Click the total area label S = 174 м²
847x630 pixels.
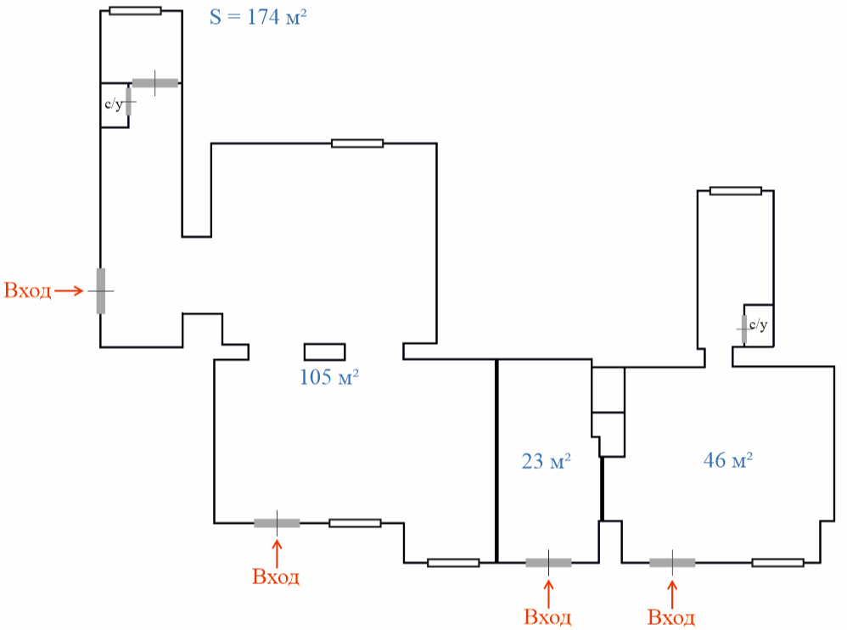click(x=258, y=17)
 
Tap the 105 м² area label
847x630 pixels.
click(x=329, y=377)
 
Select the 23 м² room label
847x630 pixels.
click(x=546, y=461)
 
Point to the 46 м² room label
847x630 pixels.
click(x=728, y=460)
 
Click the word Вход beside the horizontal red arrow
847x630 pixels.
click(x=27, y=290)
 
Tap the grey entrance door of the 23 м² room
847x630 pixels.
click(x=548, y=563)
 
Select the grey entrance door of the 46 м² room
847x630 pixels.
click(x=672, y=563)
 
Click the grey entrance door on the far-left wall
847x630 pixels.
click(x=101, y=290)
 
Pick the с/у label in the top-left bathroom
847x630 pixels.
click(x=114, y=104)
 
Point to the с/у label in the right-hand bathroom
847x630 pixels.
click(x=759, y=324)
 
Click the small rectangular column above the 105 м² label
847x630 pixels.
click(x=325, y=352)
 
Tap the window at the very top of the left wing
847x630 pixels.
click(x=135, y=11)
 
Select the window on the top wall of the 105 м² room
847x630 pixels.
click(x=357, y=143)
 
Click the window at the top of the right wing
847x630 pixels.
click(x=736, y=191)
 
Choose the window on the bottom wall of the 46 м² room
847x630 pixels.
click(x=778, y=563)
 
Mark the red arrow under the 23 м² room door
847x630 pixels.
click(x=548, y=593)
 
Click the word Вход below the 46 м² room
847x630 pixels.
click(x=671, y=617)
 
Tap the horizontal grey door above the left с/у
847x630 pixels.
click(x=155, y=83)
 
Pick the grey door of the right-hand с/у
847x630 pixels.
click(x=744, y=329)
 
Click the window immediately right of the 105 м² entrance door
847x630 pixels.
click(x=355, y=523)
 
